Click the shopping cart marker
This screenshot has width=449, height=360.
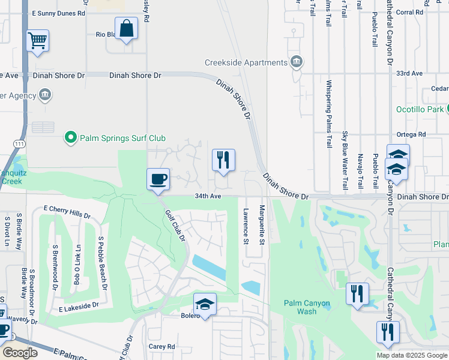coord(37,41)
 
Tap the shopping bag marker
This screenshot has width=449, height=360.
coord(127,28)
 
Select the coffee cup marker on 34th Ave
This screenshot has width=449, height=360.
coord(158,179)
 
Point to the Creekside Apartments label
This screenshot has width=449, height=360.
coord(246,62)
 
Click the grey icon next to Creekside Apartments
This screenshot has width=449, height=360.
coord(297,62)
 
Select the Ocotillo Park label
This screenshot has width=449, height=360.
coord(420,109)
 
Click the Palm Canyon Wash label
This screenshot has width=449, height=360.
coord(307,307)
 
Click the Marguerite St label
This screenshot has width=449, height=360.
coord(262,225)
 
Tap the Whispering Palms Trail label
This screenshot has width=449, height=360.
coord(329,114)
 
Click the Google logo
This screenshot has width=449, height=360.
coord(20,353)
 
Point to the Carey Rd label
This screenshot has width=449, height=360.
coord(161,347)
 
